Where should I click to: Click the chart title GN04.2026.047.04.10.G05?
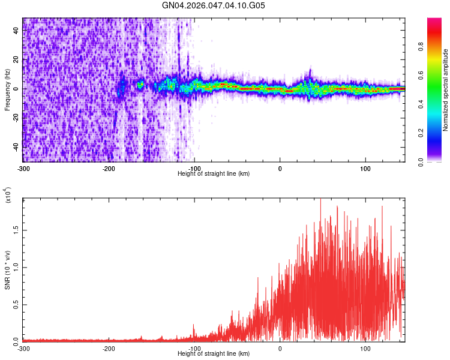pyautogui.click(x=214, y=6)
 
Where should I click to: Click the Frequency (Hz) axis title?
pyautogui.click(x=7, y=89)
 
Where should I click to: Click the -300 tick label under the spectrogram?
pyautogui.click(x=23, y=168)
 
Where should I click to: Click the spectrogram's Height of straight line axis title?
pyautogui.click(x=214, y=173)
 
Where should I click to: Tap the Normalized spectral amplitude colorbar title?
pyautogui.click(x=446, y=90)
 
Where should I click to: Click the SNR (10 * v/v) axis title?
pyautogui.click(x=7, y=270)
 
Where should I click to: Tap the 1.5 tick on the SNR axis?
pyautogui.click(x=16, y=229)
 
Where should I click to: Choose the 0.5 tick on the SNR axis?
pyautogui.click(x=16, y=304)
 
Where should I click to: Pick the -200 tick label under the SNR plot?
pyautogui.click(x=109, y=348)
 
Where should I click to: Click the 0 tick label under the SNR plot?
pyautogui.click(x=280, y=348)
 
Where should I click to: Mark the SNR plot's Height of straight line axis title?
pyautogui.click(x=214, y=353)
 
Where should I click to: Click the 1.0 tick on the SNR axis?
pyautogui.click(x=16, y=266)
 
